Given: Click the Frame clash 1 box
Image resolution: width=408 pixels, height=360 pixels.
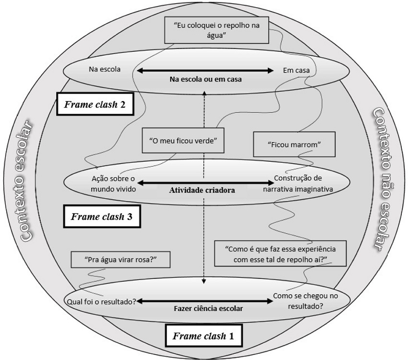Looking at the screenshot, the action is pos(204,336).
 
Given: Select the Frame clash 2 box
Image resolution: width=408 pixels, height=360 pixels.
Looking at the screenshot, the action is pos(95,104).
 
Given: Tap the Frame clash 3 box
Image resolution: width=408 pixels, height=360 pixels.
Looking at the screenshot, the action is pos(102,216).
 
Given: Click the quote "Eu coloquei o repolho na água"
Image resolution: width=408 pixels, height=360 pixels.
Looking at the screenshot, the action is pos(216,30).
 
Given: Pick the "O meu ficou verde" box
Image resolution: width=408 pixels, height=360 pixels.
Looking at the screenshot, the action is pos(183,141).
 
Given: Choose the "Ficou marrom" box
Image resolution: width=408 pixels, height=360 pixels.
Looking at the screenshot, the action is pos(294,144).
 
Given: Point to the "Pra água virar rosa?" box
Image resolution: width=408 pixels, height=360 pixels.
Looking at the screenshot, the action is pos(120,260).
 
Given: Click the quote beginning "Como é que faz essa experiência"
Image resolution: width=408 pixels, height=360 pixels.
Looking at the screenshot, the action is pos(280,253).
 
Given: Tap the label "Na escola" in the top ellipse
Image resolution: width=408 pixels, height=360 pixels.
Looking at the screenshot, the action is pos(105,69).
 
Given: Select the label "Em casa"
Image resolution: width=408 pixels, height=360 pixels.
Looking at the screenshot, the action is pos(296,70).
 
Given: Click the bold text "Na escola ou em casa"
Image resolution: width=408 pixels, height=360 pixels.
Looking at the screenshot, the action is pos(205,79).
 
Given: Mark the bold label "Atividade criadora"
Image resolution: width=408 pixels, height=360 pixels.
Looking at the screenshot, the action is pos(202,190).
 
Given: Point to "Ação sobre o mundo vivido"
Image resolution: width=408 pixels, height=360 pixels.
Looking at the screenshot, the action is pos(113,184).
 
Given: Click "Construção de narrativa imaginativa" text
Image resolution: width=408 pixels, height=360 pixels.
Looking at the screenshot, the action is pos(298,183).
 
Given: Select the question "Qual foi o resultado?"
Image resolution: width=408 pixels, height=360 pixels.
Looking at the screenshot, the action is pos(101,302).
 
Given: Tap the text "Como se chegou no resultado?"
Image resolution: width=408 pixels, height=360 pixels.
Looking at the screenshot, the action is pos(305,301).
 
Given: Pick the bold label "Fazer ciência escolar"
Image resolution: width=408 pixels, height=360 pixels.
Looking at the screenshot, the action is pos(208,309).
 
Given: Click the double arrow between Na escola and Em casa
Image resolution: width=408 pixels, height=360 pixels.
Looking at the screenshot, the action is pos(205,71).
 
